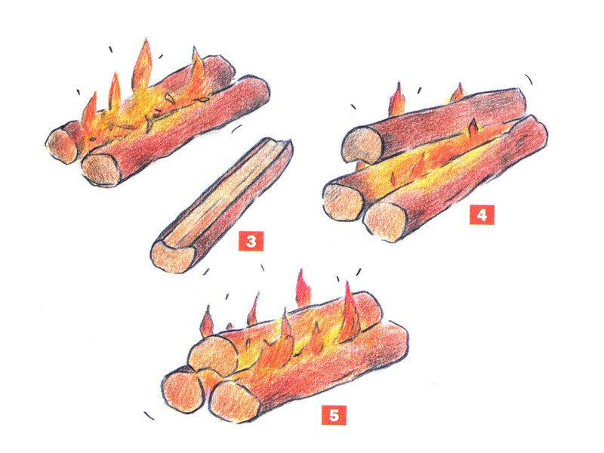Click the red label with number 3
click(x=251, y=241)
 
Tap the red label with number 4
click(x=482, y=215)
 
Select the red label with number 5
click(x=334, y=415)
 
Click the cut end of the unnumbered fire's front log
click(x=101, y=169)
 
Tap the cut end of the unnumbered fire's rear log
click(x=62, y=145)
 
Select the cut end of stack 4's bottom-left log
click(x=343, y=202)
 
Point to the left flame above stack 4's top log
click(x=398, y=100)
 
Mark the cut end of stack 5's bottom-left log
click(x=182, y=392)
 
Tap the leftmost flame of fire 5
click(x=206, y=322)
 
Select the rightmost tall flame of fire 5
click(x=349, y=314)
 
